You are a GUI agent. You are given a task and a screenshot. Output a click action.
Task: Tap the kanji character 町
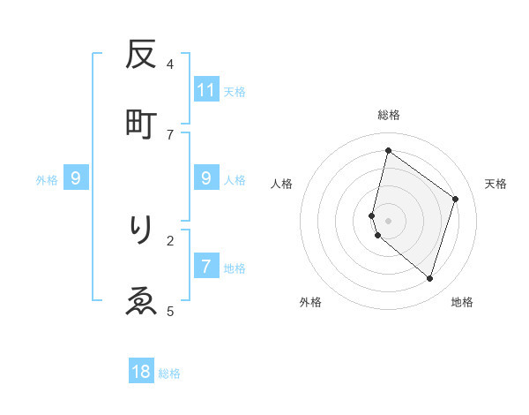click(x=141, y=124)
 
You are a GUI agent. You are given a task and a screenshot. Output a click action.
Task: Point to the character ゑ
click(x=141, y=300)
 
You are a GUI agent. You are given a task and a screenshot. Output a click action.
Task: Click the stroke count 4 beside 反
click(x=170, y=64)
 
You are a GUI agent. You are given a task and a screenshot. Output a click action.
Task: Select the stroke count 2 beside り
click(x=170, y=239)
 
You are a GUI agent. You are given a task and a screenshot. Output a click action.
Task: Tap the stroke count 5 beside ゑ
click(x=170, y=310)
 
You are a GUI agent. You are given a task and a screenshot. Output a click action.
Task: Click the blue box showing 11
click(x=206, y=89)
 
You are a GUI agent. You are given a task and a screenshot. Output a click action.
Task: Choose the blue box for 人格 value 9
click(x=206, y=178)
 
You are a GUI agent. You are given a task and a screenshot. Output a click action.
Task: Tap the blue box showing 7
click(x=206, y=267)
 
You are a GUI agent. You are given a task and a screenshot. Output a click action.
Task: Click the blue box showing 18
click(x=141, y=372)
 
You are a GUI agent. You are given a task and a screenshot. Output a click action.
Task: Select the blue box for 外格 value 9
click(x=76, y=178)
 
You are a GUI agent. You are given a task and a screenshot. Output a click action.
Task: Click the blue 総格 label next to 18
click(x=170, y=373)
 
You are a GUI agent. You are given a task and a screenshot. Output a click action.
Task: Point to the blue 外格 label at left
click(x=47, y=180)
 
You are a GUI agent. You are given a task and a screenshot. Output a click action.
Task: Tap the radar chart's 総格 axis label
click(x=388, y=115)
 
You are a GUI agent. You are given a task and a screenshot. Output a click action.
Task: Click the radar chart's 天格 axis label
click(x=495, y=184)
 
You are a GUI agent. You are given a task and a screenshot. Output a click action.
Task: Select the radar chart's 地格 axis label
click(x=462, y=302)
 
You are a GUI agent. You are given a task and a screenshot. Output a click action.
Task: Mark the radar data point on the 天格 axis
click(x=455, y=199)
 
